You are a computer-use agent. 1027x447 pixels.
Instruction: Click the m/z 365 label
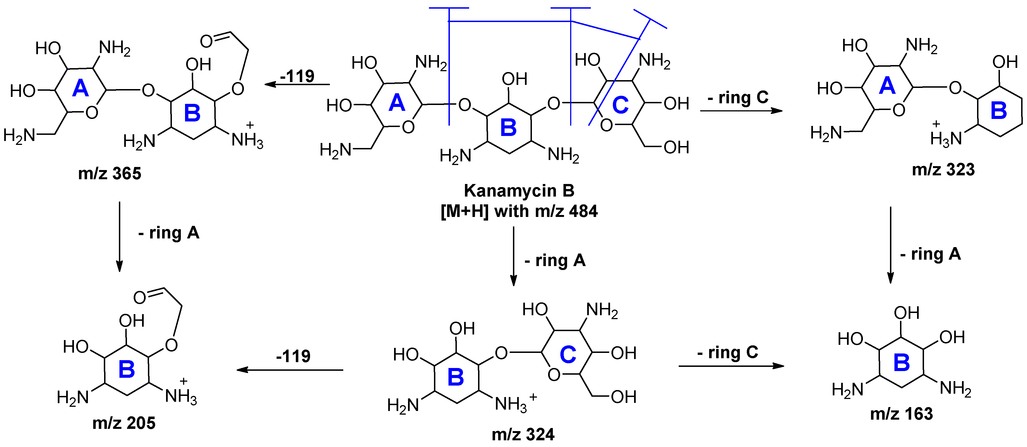coord(110,173)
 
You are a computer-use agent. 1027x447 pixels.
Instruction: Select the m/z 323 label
coord(943,170)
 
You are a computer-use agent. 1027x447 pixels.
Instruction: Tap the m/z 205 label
coord(124,423)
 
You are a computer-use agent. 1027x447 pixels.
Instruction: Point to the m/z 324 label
coord(523,434)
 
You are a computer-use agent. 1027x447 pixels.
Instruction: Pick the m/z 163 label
coord(901,414)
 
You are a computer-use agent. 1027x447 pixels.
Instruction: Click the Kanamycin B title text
coord(519,191)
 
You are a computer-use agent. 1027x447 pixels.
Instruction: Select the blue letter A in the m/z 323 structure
coord(887,86)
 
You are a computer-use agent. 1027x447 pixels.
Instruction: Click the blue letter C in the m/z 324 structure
coord(568,355)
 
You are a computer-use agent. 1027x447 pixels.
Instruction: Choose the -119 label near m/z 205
coord(293,356)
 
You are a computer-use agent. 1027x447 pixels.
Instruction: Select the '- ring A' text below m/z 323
coord(930,254)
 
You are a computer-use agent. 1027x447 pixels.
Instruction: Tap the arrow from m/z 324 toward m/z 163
coord(731,366)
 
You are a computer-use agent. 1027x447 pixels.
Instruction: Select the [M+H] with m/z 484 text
coord(519,211)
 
